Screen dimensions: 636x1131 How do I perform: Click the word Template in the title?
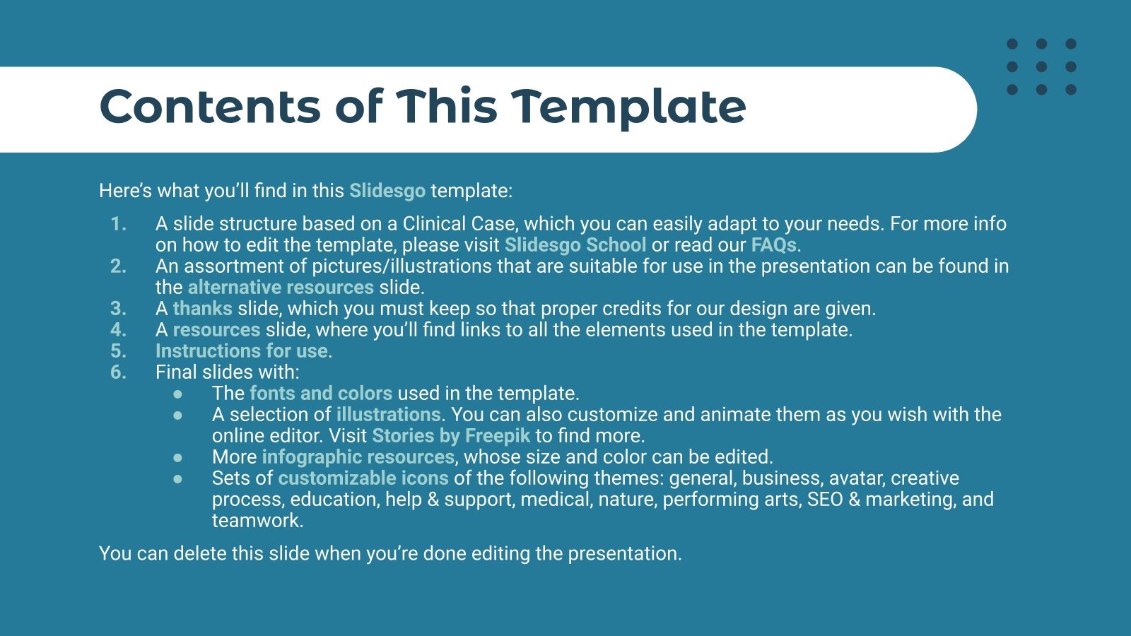point(628,107)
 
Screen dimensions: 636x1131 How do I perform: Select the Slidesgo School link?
point(575,245)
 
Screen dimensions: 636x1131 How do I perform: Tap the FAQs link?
point(773,245)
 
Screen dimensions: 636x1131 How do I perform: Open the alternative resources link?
point(281,288)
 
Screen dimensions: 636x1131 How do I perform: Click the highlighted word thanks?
point(202,309)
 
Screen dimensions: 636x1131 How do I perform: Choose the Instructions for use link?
point(242,351)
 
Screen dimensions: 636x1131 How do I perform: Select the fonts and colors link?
point(320,394)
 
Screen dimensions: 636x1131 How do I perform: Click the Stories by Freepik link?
point(450,436)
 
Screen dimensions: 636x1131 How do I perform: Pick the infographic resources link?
point(358,457)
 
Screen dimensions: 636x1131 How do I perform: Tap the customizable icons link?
point(363,478)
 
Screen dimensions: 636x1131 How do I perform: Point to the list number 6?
point(118,372)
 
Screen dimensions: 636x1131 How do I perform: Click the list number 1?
point(118,224)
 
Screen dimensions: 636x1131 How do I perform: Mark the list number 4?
point(118,330)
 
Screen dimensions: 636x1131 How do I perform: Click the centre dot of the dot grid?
point(1041,67)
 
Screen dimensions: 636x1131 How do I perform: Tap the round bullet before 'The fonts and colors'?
point(177,394)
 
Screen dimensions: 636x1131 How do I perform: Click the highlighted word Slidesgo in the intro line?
point(387,191)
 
